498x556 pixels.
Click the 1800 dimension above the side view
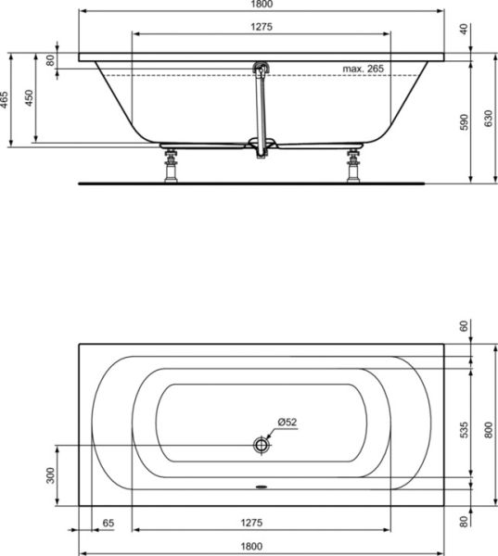(262, 4)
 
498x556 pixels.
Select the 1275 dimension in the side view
(262, 27)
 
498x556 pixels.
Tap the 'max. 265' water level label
(364, 69)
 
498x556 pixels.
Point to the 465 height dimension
(4, 100)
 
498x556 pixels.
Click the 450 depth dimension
(29, 98)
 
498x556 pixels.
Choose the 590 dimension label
(464, 122)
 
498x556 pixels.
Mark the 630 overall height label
(489, 119)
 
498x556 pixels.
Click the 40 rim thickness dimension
(464, 29)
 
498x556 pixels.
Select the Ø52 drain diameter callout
(287, 422)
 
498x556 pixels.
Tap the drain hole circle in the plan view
(262, 445)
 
